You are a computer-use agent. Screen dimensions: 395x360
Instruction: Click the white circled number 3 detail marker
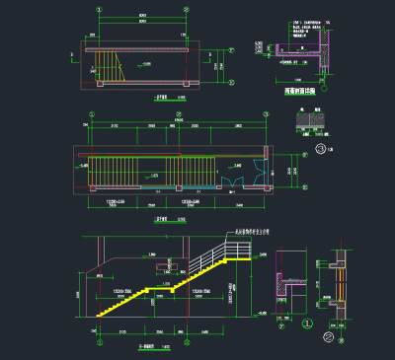(319, 148)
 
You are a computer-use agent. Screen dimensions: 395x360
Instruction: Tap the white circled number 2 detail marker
(339, 323)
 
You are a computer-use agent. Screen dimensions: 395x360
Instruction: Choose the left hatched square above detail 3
(304, 118)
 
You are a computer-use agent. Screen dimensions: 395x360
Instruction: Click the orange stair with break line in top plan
(106, 69)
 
